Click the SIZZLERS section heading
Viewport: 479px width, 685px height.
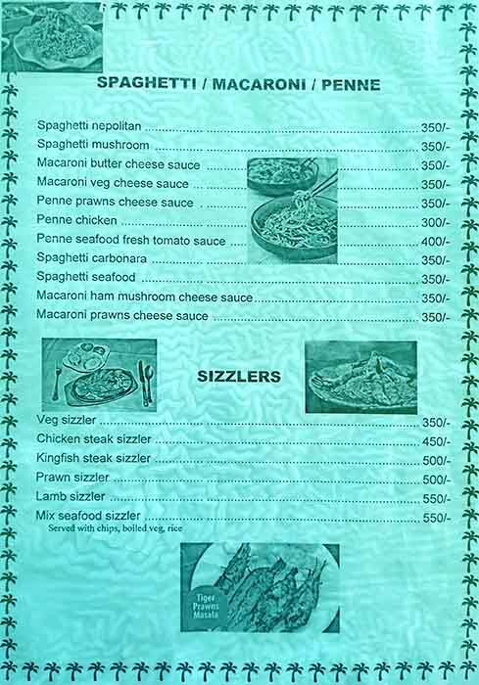pos(239,376)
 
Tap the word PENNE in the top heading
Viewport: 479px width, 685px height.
pos(351,84)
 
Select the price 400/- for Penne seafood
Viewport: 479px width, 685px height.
pos(435,241)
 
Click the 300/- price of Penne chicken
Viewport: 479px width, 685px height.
pos(435,222)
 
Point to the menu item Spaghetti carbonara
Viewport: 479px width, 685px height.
pos(91,257)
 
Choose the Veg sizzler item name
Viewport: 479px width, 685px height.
pos(66,420)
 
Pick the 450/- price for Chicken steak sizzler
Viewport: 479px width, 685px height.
pos(436,441)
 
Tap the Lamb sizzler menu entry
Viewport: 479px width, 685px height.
pos(71,496)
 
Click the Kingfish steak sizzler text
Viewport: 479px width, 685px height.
pos(93,458)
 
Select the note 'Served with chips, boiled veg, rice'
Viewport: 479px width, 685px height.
pos(115,528)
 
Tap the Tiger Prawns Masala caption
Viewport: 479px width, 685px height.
pos(206,606)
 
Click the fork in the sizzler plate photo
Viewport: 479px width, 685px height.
pos(57,382)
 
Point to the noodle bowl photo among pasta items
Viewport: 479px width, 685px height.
pos(292,210)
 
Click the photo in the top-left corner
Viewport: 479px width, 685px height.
pos(52,37)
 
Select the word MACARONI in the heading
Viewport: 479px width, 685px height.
pos(259,84)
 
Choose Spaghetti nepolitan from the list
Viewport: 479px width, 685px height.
pos(89,126)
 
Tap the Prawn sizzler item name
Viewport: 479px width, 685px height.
pos(72,478)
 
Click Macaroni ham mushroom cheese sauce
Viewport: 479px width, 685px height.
pos(144,297)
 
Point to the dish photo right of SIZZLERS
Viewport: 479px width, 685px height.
pos(360,377)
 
